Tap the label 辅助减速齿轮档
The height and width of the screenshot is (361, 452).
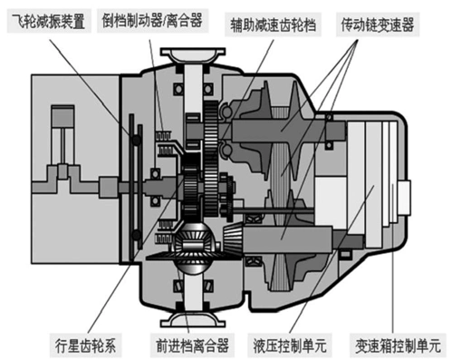pos(260,17)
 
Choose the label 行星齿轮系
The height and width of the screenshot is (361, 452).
pos(83,345)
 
